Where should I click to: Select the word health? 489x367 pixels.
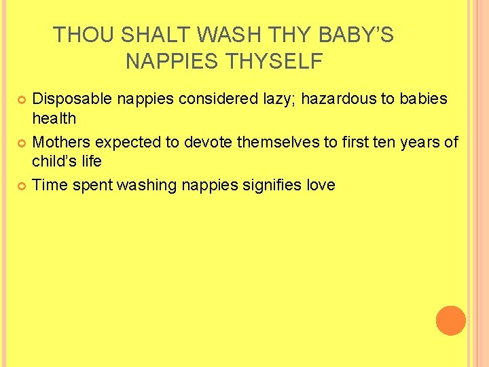pyautogui.click(x=54, y=118)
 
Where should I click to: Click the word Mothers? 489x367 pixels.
pyautogui.click(x=62, y=142)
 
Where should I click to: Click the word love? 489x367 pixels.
pyautogui.click(x=321, y=185)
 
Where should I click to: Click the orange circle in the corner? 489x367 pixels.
pyautogui.click(x=450, y=320)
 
